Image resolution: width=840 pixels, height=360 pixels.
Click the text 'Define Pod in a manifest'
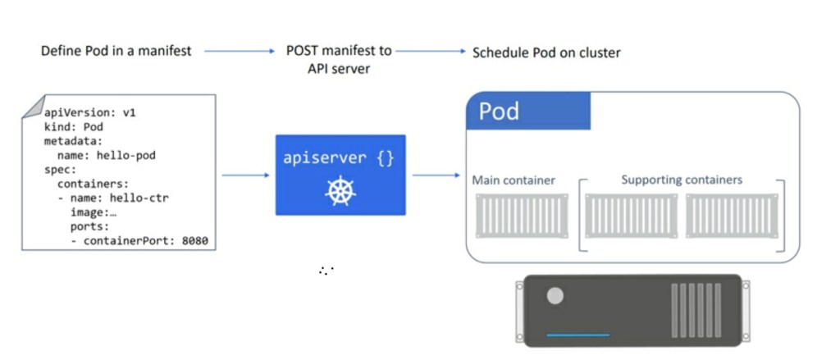click(116, 51)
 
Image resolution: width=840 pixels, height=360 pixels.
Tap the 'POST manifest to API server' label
click(339, 60)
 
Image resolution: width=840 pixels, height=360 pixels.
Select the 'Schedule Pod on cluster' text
click(546, 52)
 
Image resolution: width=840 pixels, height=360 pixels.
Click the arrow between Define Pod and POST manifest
click(239, 51)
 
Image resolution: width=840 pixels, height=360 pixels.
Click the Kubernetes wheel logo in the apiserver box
click(339, 190)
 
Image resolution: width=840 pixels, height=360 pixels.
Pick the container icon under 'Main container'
click(521, 216)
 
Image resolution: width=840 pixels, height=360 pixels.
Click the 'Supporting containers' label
click(682, 180)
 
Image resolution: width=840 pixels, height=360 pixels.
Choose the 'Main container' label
click(514, 180)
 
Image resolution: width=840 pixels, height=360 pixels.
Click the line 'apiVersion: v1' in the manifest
click(90, 113)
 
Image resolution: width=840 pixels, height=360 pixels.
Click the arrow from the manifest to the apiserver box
click(246, 175)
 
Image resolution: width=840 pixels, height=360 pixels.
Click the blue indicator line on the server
click(577, 335)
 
